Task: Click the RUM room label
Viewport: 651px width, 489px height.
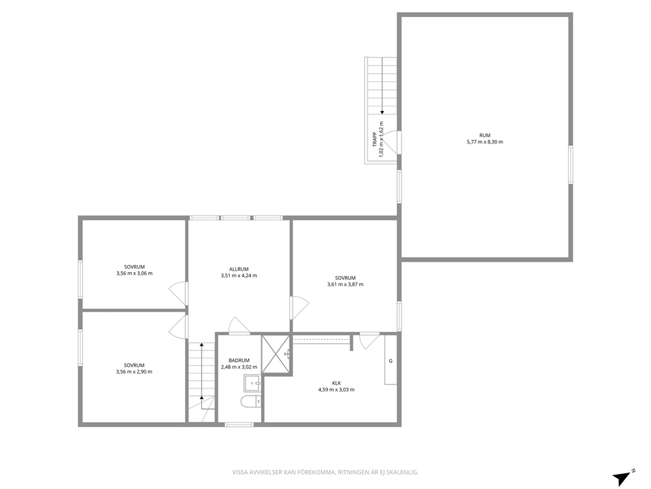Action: (484, 135)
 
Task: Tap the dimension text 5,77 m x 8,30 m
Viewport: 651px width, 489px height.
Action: (484, 142)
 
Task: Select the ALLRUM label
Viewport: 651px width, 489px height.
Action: (239, 269)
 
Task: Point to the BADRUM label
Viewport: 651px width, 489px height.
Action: (239, 361)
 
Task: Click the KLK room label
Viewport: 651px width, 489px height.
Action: (336, 383)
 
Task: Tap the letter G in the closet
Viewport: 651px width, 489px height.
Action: (390, 361)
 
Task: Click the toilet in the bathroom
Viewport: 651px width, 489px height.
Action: (251, 402)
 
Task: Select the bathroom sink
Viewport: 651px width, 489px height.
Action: (252, 383)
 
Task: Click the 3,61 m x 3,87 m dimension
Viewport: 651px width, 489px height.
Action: (345, 285)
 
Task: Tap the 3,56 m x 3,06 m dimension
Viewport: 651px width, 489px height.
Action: (135, 273)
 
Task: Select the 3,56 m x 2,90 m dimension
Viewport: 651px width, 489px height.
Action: (135, 372)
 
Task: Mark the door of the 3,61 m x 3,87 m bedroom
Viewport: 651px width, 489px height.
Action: (300, 307)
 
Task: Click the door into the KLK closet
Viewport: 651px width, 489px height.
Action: (369, 340)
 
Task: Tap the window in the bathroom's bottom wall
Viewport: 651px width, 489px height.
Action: (239, 424)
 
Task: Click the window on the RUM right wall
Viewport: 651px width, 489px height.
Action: (571, 165)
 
